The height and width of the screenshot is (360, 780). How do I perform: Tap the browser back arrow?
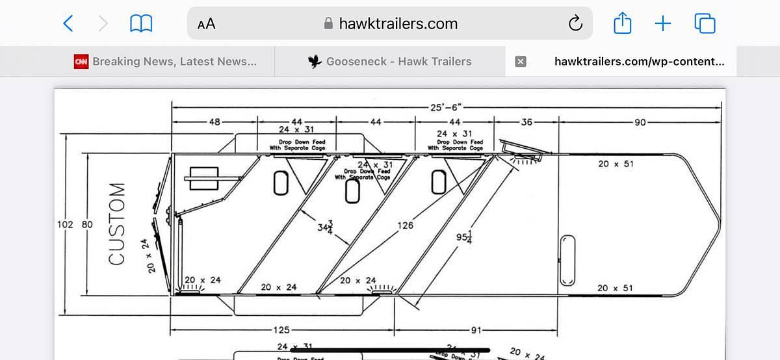[x=68, y=24]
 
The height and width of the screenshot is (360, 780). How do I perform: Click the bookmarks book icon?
[x=141, y=24]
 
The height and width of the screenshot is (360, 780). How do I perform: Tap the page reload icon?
[x=575, y=24]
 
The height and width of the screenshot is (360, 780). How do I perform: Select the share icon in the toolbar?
[x=622, y=24]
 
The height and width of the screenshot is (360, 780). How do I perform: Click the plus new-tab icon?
[x=662, y=24]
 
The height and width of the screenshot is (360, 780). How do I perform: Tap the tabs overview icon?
[x=705, y=24]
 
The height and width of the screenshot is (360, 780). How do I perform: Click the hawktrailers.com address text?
[x=398, y=24]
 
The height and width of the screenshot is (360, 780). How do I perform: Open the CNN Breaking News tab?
[x=166, y=62]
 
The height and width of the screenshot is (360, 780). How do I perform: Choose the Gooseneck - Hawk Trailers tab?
[x=390, y=62]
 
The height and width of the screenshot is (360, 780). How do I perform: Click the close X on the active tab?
[x=520, y=62]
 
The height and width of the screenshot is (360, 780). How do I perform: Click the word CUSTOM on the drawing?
[x=117, y=224]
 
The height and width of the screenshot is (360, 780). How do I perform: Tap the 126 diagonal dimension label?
[x=405, y=226]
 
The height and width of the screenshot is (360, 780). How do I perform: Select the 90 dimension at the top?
[x=640, y=122]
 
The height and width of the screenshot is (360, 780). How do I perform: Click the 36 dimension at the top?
[x=526, y=122]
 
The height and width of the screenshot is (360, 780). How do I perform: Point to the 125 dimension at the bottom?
[x=281, y=330]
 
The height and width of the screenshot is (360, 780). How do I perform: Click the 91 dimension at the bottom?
[x=476, y=330]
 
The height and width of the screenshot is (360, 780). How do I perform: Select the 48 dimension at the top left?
[x=214, y=122]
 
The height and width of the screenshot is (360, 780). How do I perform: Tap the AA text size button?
[x=207, y=24]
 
